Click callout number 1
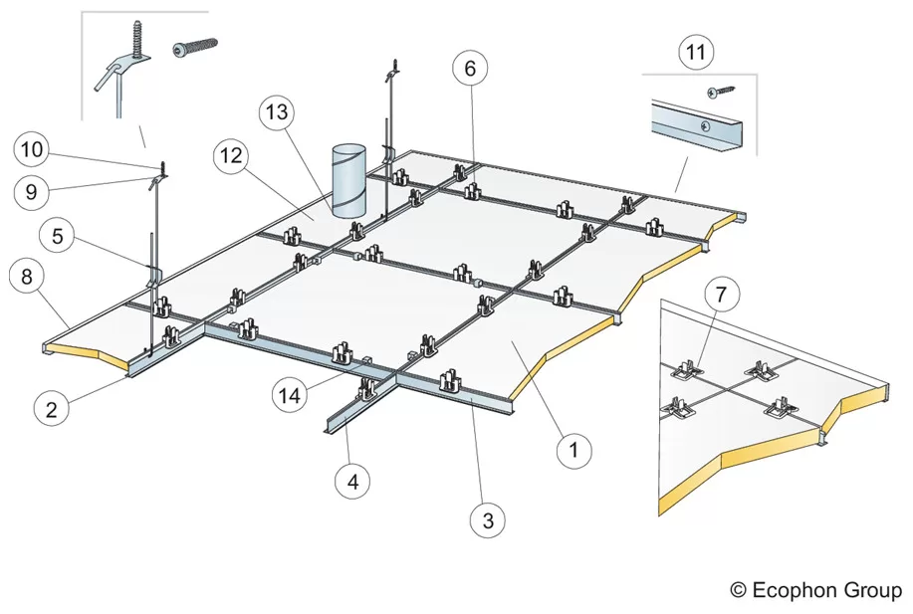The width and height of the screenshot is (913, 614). (x=572, y=451)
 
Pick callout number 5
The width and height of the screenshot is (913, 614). (x=57, y=238)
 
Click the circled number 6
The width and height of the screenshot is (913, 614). (x=471, y=69)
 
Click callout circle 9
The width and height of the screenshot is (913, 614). (x=31, y=192)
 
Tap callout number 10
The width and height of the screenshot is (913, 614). (x=31, y=150)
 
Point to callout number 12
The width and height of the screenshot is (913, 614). (x=231, y=155)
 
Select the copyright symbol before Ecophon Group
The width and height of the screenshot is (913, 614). (x=739, y=590)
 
